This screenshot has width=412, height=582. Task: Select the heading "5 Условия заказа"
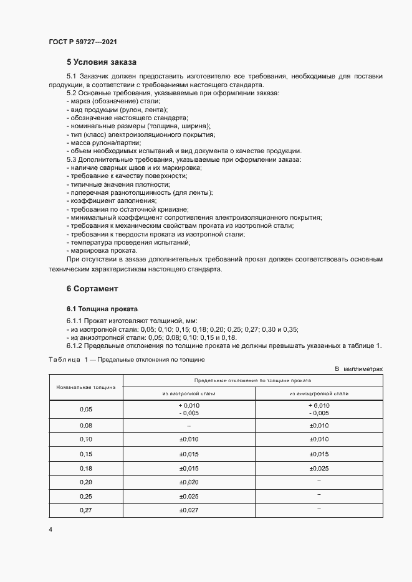tap(101, 62)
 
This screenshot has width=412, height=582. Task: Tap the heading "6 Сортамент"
tap(92, 289)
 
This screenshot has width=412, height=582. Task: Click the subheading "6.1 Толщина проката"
tap(102, 309)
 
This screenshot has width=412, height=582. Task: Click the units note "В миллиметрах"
tap(358, 369)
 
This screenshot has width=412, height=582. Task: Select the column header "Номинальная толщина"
tap(86, 387)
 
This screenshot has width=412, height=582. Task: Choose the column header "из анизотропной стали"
tap(319, 393)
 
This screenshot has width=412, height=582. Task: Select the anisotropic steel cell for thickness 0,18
tap(319, 467)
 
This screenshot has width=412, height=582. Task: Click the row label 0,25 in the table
tap(86, 496)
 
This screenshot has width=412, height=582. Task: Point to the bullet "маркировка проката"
tap(103, 250)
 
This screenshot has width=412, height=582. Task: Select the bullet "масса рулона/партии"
tap(105, 143)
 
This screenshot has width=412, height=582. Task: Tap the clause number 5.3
tap(71, 160)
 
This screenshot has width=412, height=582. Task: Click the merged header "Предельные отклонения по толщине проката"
tap(253, 380)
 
